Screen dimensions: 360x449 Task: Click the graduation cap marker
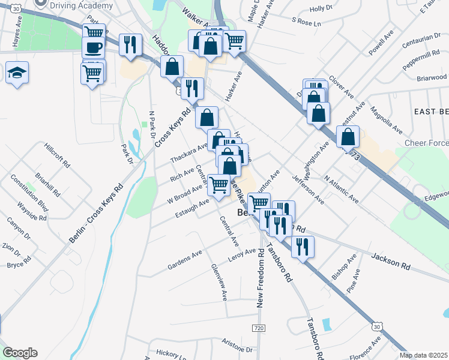click(x=17, y=73)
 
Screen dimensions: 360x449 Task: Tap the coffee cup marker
click(x=93, y=47)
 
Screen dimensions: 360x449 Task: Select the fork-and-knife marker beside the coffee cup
click(x=130, y=44)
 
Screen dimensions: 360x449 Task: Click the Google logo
click(x=20, y=353)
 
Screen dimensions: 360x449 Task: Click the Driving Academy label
click(x=82, y=5)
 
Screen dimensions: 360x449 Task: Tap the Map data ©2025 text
click(x=423, y=355)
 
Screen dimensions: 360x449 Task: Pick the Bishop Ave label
click(x=344, y=267)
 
